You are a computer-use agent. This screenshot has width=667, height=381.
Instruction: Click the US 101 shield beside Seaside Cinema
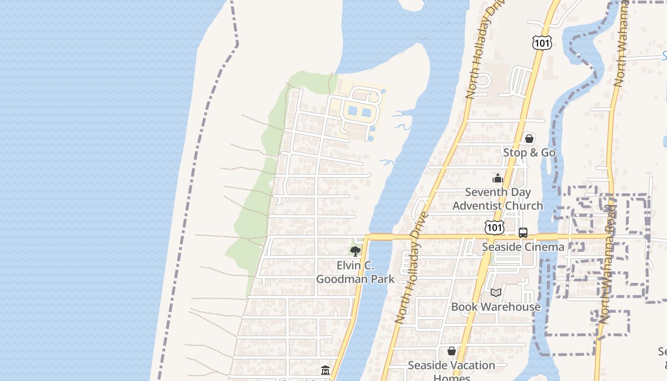[x=495, y=228]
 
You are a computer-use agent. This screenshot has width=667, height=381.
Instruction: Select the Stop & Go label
[x=529, y=152]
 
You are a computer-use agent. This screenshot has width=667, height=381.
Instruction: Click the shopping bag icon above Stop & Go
[x=529, y=139]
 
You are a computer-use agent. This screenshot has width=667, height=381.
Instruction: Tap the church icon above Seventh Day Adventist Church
[x=498, y=179]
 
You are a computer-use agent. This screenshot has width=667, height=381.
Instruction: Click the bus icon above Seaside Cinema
[x=523, y=233]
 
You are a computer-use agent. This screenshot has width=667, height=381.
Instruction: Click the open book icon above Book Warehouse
[x=496, y=292]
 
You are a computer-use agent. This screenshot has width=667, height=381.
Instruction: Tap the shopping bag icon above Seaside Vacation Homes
[x=452, y=351]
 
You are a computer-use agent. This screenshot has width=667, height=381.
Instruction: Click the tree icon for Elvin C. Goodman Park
[x=355, y=251]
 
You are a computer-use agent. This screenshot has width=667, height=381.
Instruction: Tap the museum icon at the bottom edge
[x=325, y=370]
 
